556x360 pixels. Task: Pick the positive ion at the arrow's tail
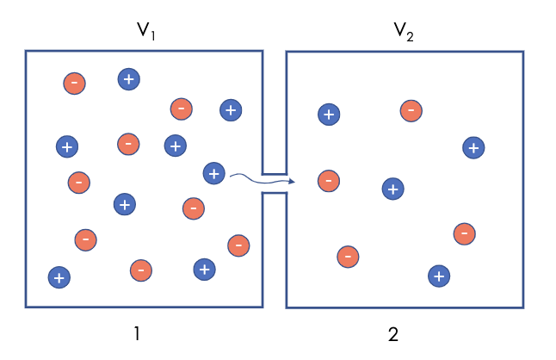point(213,173)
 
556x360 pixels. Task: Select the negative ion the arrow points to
point(328,181)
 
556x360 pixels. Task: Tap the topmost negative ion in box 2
point(411,110)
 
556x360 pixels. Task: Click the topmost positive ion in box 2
point(328,114)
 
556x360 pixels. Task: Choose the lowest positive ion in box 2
point(439,276)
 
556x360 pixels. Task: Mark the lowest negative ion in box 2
point(348,257)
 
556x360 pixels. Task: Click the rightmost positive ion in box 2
point(473,147)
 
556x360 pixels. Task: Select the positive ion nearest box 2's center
point(392,188)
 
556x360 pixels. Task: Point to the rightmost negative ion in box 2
point(465,233)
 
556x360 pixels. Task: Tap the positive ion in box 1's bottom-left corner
point(59,277)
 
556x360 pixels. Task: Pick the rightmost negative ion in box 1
point(238,245)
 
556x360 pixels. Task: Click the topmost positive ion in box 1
point(128,79)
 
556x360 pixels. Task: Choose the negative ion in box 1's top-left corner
point(75,83)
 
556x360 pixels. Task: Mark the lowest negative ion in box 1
point(141,270)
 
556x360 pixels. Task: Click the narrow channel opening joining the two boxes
point(274,183)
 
